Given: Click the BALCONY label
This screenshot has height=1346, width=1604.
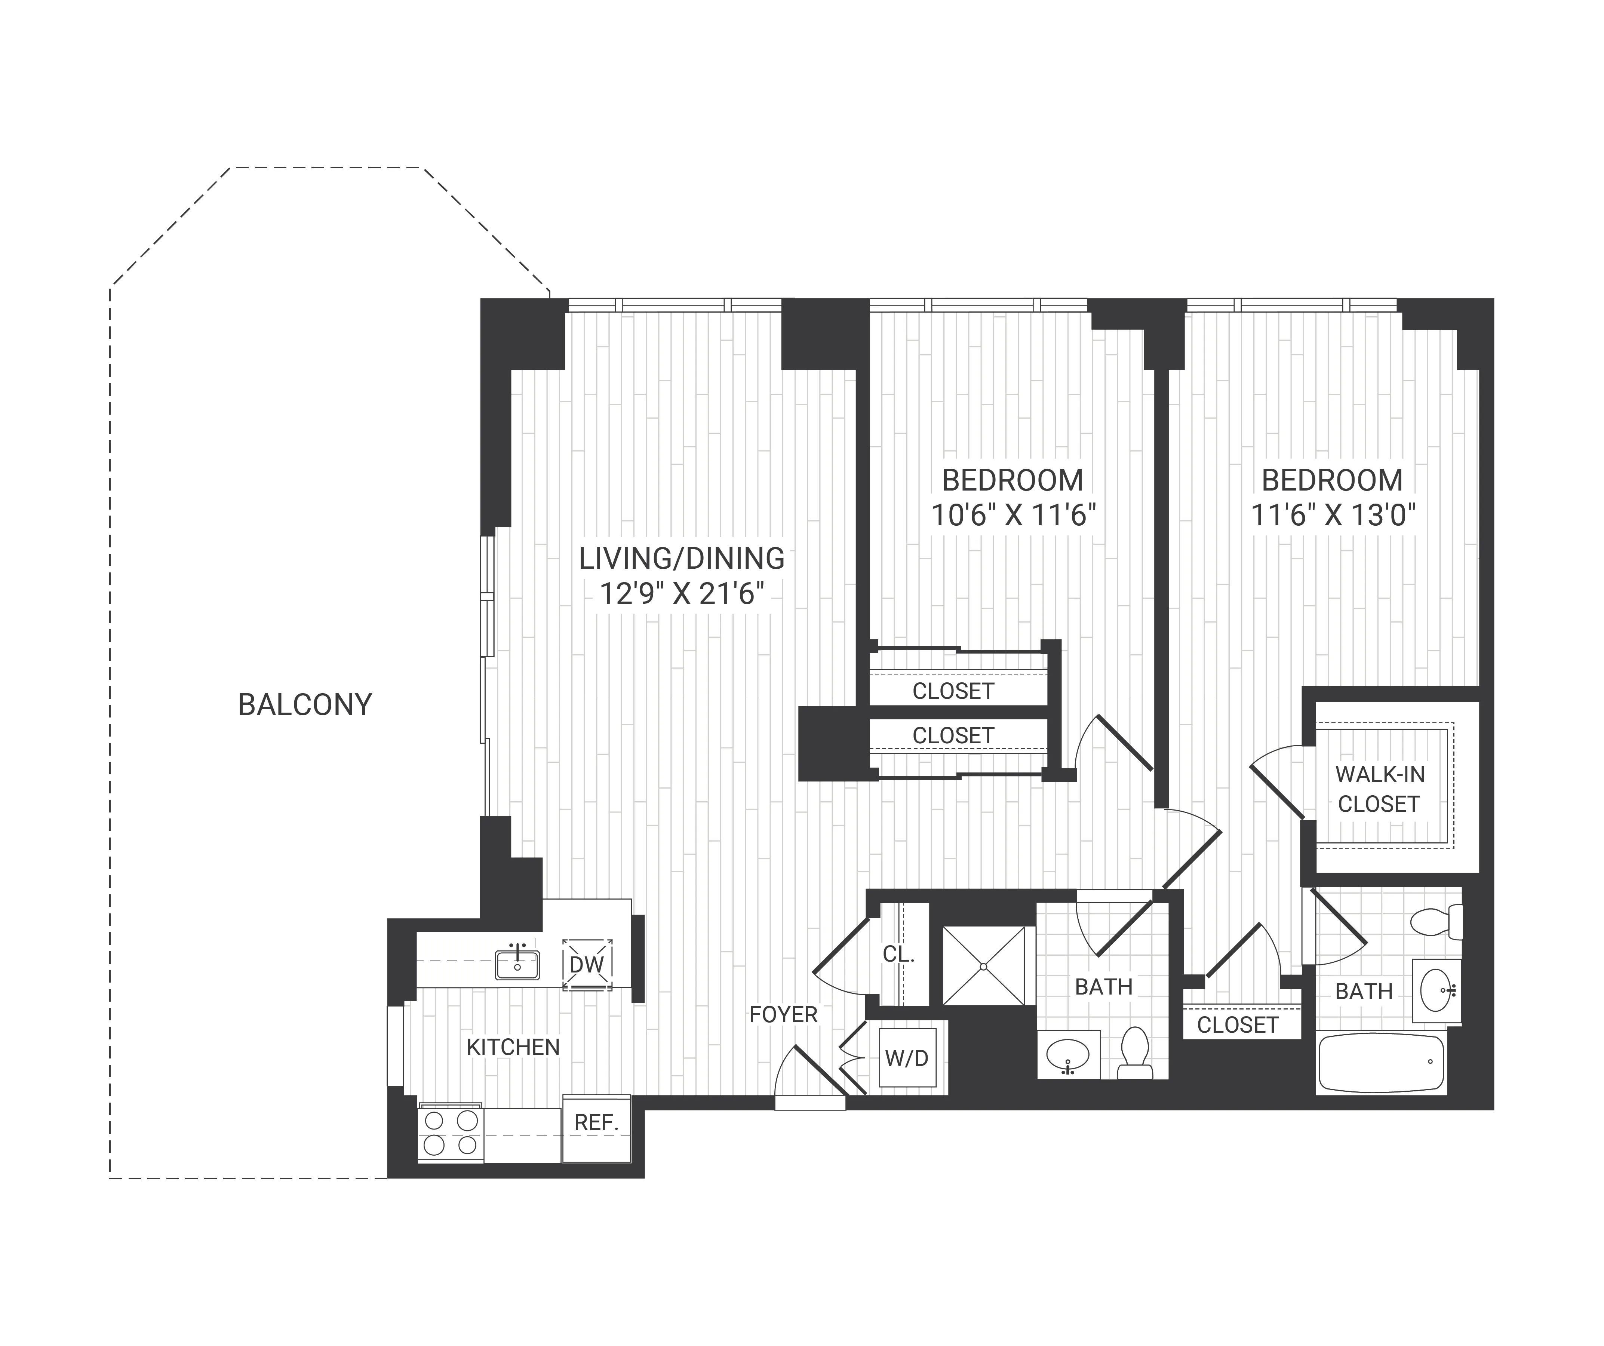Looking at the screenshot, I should [305, 704].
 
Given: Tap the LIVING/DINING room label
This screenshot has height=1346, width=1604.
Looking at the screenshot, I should [681, 559].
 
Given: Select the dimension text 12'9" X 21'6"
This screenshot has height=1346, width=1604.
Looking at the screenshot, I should [681, 594].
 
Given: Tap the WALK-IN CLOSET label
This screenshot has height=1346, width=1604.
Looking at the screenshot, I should [1379, 789].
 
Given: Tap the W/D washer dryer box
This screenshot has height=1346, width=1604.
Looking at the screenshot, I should [907, 1058].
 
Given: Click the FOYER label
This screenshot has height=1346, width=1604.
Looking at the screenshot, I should [783, 1014].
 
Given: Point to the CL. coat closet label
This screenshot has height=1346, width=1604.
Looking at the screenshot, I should [898, 954].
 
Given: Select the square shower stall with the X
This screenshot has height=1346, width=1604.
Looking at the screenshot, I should [984, 967].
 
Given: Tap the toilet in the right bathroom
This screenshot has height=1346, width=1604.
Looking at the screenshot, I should [1436, 922].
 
